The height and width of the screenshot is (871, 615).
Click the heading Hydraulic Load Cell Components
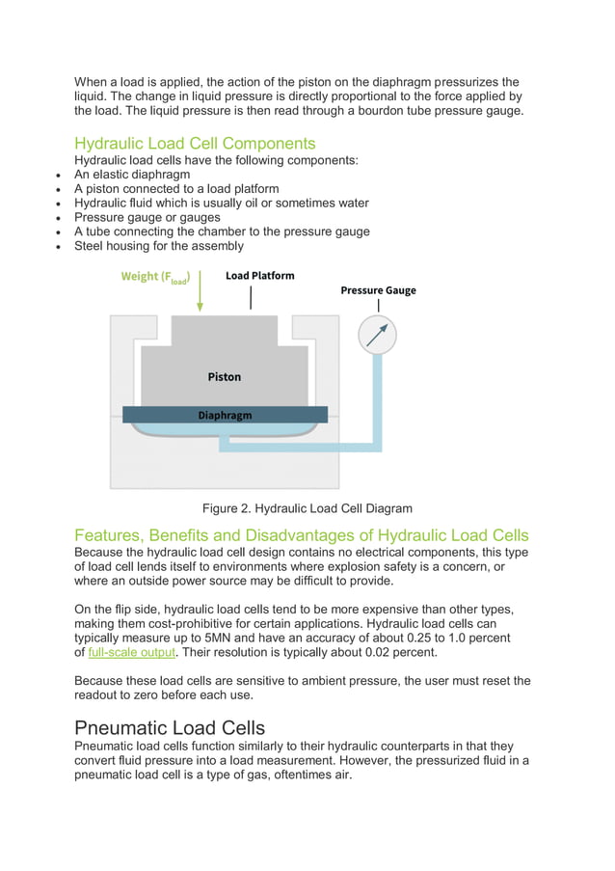195,143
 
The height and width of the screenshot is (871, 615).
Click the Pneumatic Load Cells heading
170,727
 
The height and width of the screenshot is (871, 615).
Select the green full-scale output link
131,652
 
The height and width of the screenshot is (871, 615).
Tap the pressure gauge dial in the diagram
377,335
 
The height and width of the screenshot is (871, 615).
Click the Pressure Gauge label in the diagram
378,290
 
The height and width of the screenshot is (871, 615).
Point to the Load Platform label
259,276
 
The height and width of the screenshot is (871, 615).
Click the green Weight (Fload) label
155,277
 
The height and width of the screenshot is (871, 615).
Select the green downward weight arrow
200,290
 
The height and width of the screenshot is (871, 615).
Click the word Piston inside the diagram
225,377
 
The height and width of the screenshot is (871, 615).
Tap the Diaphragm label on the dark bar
225,416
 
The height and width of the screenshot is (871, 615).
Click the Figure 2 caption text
307,508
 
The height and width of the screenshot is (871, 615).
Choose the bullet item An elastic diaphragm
132,175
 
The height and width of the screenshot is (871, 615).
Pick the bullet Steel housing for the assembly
159,246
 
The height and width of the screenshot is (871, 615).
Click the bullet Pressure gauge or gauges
147,217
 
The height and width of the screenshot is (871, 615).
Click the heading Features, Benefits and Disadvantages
301,535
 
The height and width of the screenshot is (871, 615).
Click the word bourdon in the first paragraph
394,110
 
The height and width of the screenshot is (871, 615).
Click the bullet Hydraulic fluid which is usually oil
222,204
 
